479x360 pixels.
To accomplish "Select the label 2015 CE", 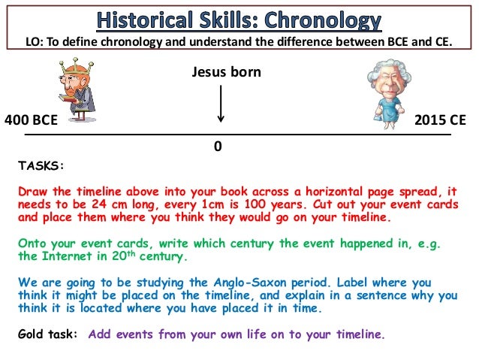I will pos(445,119).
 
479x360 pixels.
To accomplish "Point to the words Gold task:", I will pos(47,335).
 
